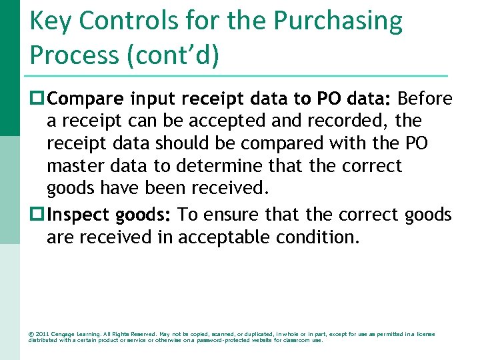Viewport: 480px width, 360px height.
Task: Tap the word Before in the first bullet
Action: [425, 99]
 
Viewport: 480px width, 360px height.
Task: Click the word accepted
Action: [223, 121]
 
